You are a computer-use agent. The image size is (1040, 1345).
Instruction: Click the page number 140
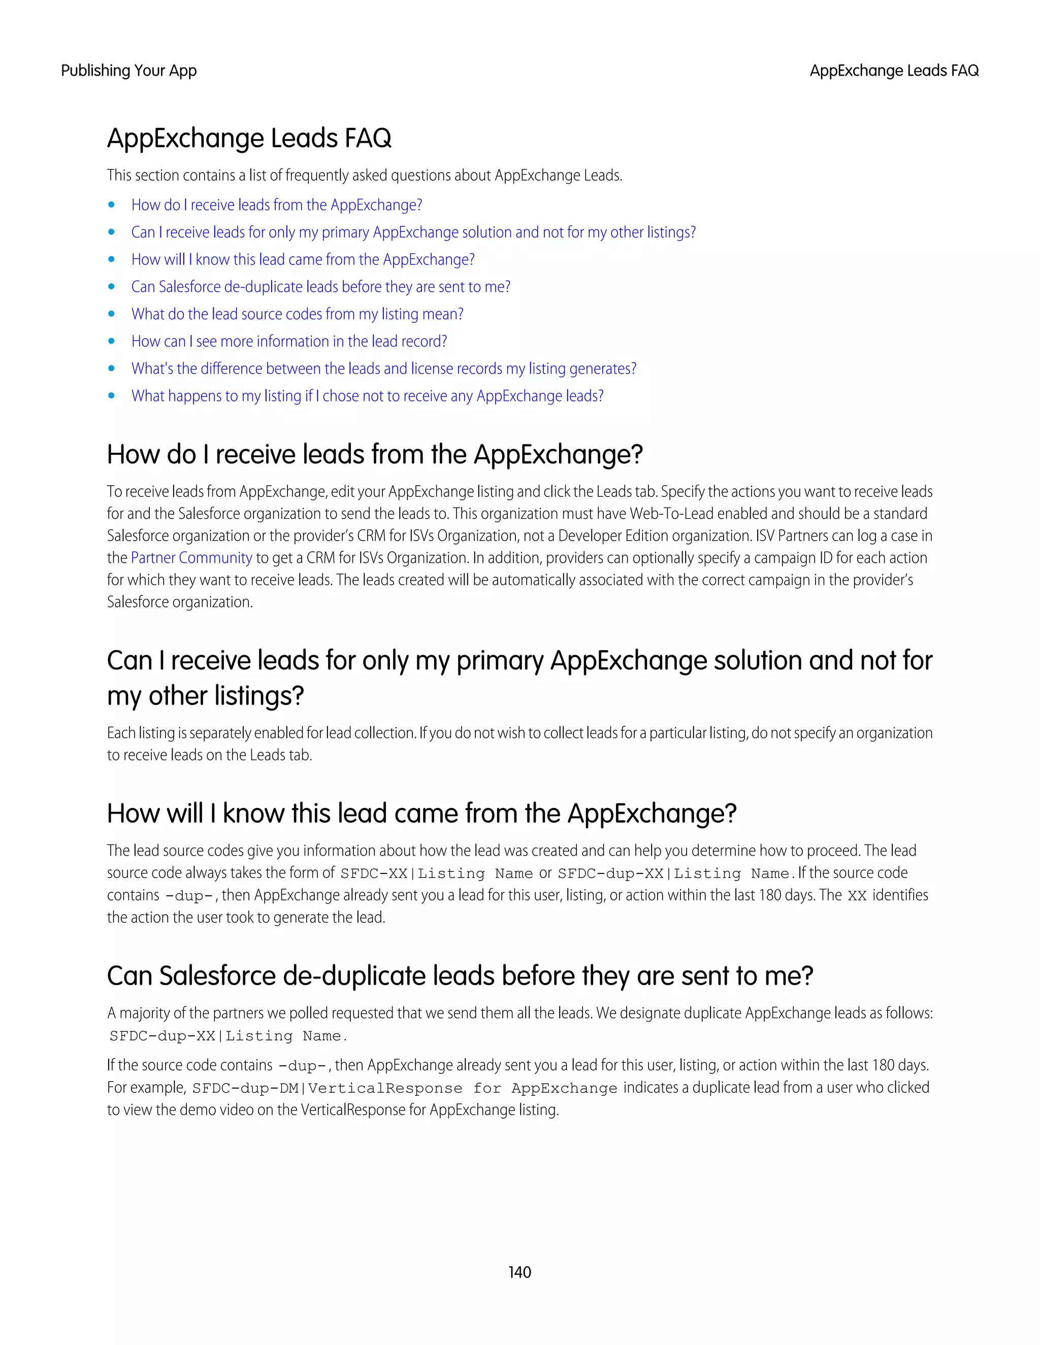point(519,1272)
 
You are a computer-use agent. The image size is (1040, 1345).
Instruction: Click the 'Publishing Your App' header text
point(129,71)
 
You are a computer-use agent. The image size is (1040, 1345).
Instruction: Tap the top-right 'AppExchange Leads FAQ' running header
point(893,71)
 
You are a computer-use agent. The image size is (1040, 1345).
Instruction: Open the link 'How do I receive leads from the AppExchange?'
point(277,205)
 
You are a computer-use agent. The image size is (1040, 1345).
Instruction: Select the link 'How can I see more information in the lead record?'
point(289,341)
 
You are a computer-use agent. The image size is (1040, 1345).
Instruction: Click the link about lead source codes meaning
point(297,314)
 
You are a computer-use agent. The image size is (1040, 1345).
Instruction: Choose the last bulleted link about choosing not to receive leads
point(367,396)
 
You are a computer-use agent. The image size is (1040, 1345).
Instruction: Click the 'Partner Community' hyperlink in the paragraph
point(191,558)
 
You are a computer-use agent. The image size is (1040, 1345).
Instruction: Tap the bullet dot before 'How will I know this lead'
point(112,260)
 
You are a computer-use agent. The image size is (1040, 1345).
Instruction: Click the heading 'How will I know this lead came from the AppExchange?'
point(421,814)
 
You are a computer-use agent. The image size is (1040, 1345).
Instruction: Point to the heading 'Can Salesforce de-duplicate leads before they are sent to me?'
point(460,976)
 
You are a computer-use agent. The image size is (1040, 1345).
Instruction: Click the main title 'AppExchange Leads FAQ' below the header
point(249,138)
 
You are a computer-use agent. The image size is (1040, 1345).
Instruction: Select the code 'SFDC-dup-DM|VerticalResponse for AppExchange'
point(404,1088)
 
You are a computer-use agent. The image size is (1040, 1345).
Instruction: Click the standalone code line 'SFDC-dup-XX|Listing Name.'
point(228,1036)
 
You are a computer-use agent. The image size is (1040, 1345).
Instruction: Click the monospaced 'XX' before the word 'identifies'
point(857,895)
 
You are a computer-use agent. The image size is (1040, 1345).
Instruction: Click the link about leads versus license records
point(383,369)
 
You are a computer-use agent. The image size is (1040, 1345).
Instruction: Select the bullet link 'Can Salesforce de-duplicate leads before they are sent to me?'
point(320,287)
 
